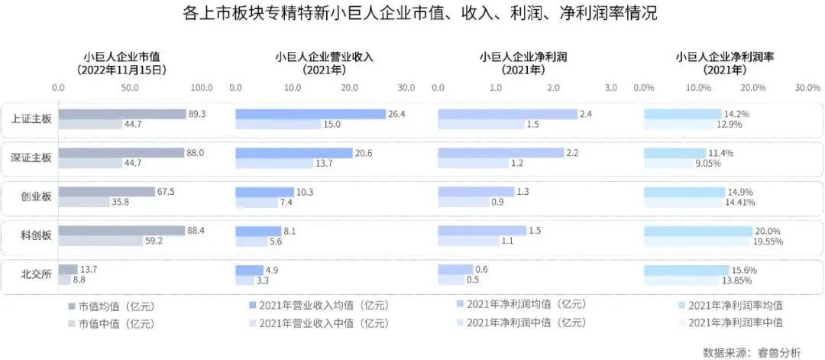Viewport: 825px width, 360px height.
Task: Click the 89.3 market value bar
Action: pyautogui.click(x=122, y=114)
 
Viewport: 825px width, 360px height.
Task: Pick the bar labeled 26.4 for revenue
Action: pyautogui.click(x=310, y=114)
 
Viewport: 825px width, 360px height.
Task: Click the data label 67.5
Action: pyautogui.click(x=165, y=191)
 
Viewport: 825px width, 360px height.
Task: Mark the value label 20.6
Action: pyautogui.click(x=363, y=153)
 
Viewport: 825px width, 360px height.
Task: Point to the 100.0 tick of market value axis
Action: pyautogui.click(x=202, y=88)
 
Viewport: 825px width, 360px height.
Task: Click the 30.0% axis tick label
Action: pyautogui.click(x=807, y=88)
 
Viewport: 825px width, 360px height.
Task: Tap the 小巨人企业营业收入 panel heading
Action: pyautogui.click(x=324, y=57)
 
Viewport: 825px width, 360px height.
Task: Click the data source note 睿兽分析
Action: pyautogui.click(x=780, y=352)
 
